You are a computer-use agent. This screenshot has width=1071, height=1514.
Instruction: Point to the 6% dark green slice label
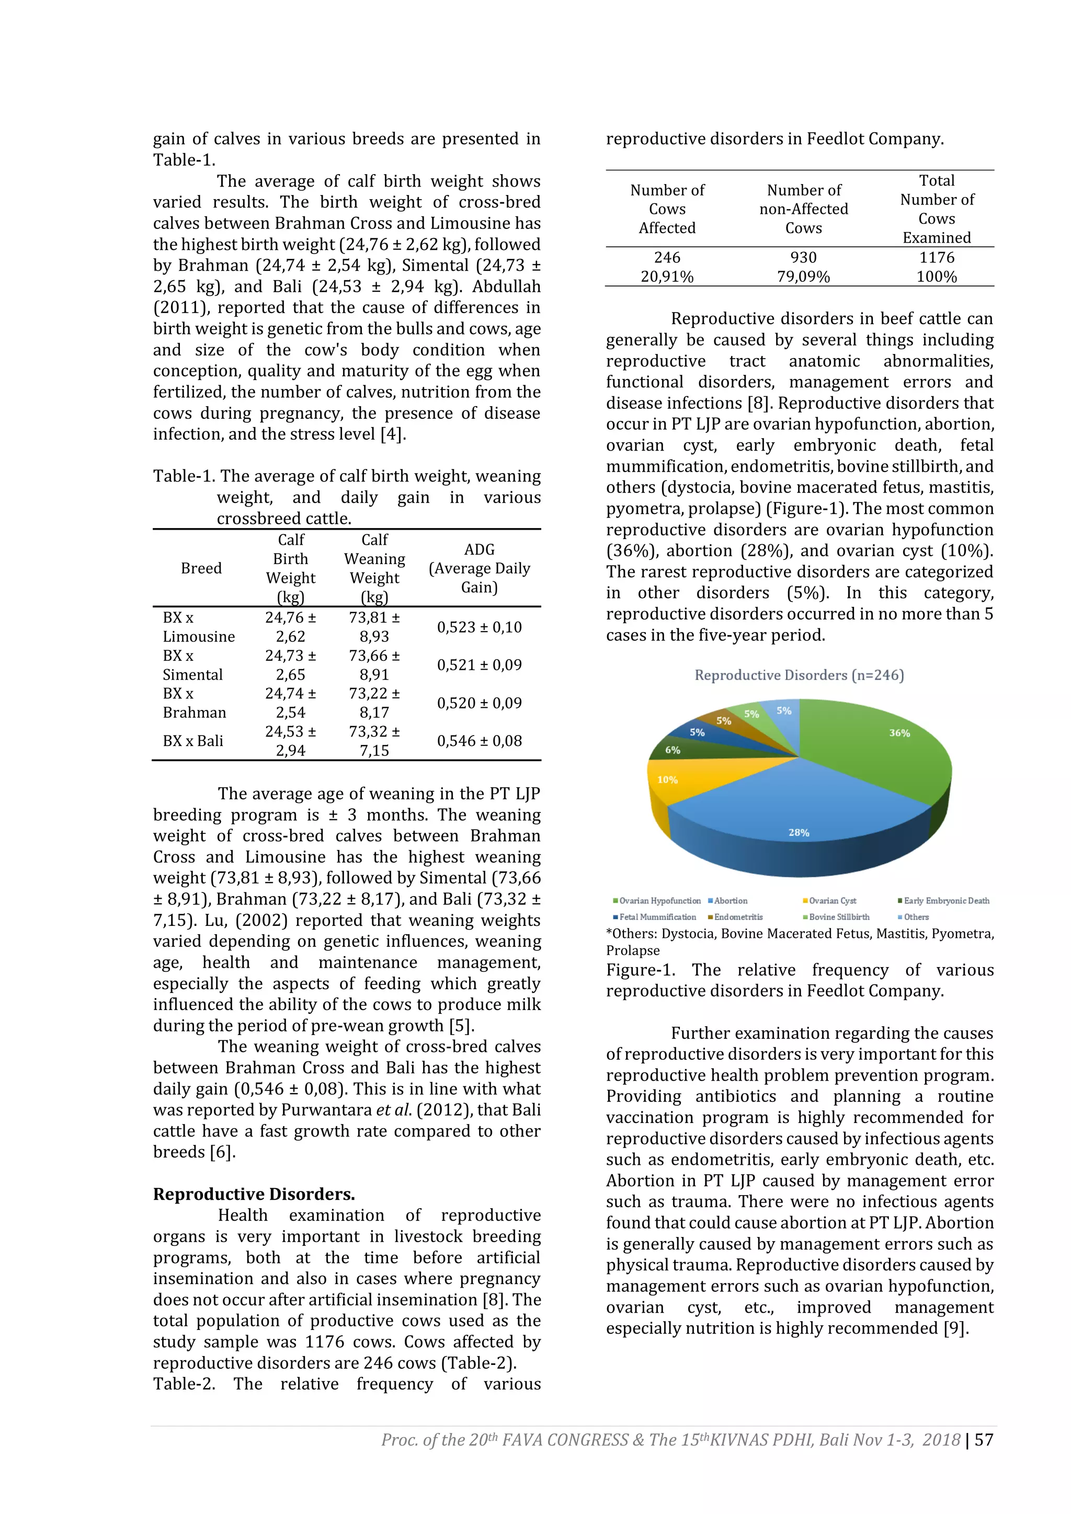672,750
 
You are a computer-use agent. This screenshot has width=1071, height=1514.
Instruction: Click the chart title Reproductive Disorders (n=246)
799,675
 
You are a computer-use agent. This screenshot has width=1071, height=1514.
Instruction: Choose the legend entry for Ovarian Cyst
831,901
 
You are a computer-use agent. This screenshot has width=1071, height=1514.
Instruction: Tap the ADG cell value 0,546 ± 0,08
480,741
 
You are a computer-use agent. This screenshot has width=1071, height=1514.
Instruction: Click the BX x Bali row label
193,741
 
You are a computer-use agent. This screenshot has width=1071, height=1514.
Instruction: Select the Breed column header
201,568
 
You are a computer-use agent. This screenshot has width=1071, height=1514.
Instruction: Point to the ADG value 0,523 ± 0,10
480,627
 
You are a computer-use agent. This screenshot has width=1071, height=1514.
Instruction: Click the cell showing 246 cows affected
667,258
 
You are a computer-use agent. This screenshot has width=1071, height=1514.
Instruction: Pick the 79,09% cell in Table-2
803,277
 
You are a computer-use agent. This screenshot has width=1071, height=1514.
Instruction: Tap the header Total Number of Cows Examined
937,209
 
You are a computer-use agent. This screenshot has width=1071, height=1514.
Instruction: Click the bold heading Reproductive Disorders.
254,1194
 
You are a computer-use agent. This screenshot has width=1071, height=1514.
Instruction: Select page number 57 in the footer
984,1439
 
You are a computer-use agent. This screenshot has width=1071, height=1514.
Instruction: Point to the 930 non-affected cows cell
803,258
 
